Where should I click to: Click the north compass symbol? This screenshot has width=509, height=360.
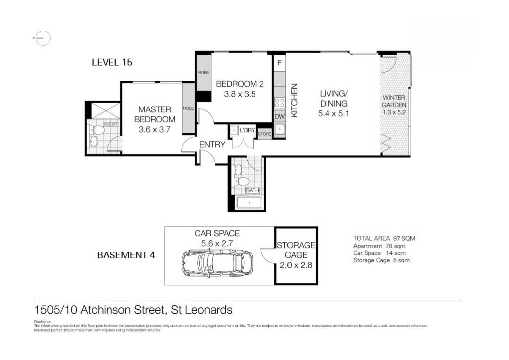[42, 38]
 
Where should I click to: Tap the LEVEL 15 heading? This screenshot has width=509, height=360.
[112, 62]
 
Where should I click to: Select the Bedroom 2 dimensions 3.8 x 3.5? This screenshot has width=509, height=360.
[240, 94]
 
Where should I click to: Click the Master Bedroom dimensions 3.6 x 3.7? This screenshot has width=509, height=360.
[154, 130]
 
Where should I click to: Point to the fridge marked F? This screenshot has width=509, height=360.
[280, 63]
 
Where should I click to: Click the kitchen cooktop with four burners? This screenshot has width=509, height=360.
[280, 103]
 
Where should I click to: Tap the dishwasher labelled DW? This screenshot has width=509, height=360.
[280, 116]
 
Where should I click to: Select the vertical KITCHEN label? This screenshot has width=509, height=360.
[294, 100]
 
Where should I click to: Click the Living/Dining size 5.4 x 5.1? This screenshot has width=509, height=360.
[333, 114]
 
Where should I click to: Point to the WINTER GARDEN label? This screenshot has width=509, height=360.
[394, 101]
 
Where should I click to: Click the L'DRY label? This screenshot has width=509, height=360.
[247, 130]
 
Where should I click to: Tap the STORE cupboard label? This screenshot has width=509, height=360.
[264, 134]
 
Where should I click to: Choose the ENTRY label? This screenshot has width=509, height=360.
[212, 145]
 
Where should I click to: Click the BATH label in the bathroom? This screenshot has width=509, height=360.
[252, 190]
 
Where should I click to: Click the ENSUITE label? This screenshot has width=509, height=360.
[111, 125]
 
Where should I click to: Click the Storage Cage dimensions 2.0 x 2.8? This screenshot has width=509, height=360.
[296, 265]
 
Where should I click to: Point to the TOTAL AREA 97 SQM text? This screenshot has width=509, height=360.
[384, 238]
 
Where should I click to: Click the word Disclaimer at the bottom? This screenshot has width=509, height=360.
[42, 322]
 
